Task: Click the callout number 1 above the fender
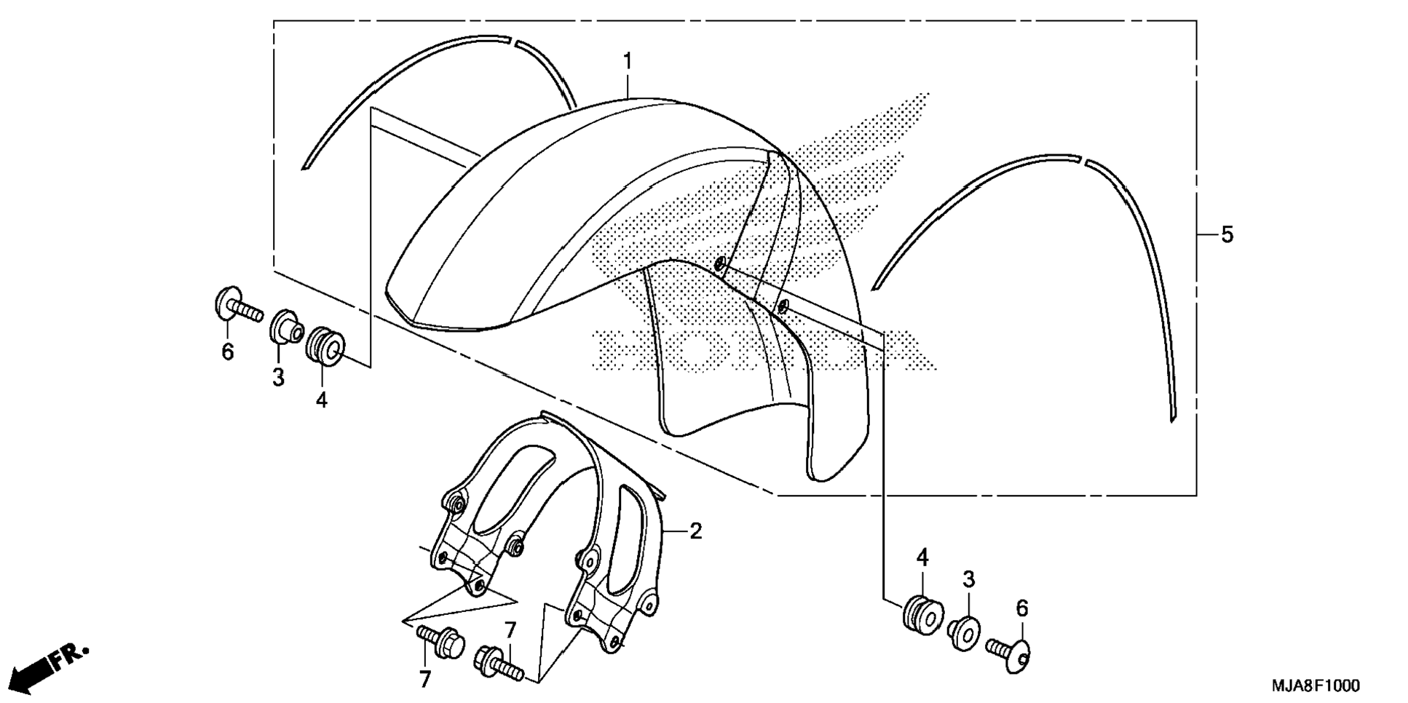[x=628, y=62]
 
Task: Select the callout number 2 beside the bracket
[x=695, y=531]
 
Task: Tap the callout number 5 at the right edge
[x=1227, y=235]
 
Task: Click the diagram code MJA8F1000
[x=1315, y=686]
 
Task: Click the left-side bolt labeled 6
[x=237, y=306]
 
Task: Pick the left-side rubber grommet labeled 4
[x=325, y=347]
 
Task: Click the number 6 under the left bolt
[x=228, y=352]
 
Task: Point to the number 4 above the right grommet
[x=922, y=558]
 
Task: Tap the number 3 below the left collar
[x=278, y=378]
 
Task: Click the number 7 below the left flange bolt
[x=425, y=680]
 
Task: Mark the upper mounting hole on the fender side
[x=720, y=263]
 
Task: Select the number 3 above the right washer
[x=968, y=579]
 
